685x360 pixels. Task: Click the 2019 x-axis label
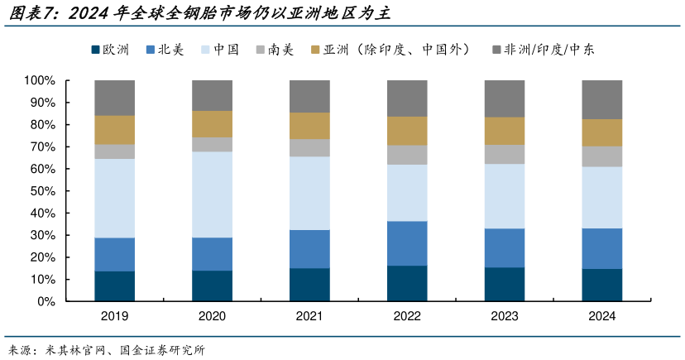(114, 316)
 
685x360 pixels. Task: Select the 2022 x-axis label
(407, 316)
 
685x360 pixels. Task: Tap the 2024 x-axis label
(601, 316)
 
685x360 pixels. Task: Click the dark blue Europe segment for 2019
(114, 286)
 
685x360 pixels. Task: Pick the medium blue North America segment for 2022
(407, 243)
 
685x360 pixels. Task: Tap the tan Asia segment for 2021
(309, 126)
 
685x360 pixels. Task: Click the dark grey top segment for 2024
(601, 99)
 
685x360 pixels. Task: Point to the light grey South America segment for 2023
(504, 154)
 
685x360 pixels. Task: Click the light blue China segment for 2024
(601, 197)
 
